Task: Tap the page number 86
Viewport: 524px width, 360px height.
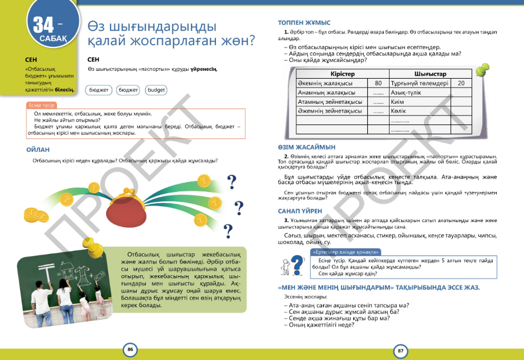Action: [130, 350]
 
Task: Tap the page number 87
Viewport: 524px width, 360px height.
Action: [400, 351]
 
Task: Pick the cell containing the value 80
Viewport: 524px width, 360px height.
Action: [377, 83]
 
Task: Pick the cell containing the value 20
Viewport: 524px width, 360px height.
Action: [461, 83]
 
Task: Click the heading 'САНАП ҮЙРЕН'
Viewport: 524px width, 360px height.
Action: [300, 211]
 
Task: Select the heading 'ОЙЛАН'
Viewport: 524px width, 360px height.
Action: [38, 150]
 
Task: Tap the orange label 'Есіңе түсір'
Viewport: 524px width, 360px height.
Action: [41, 105]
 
